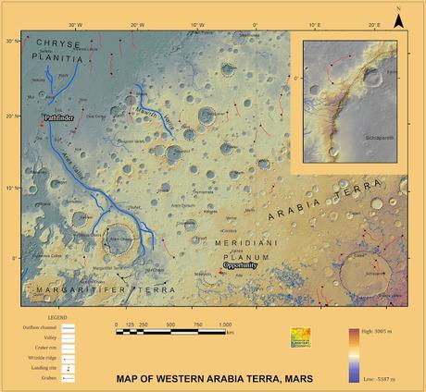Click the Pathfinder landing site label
pyautogui.click(x=61, y=118)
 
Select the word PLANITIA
pyautogui.click(x=62, y=57)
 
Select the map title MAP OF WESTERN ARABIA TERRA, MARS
pyautogui.click(x=214, y=378)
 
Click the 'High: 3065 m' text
pyautogui.click(x=387, y=330)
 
